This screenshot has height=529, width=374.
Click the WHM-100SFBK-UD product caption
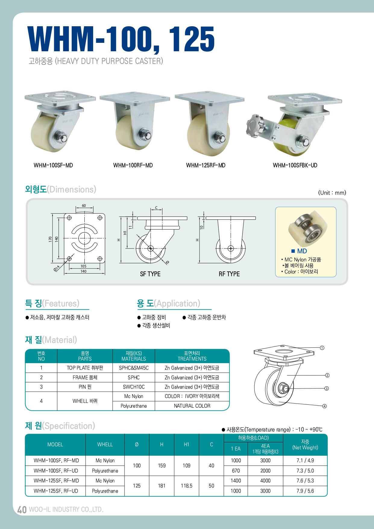(295, 165)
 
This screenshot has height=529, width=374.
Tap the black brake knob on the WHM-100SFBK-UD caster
(255, 126)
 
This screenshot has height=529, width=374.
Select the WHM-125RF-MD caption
(206, 165)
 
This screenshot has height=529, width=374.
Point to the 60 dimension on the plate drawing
(84, 206)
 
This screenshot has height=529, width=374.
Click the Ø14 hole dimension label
(57, 268)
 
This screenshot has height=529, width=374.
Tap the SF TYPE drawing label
(150, 274)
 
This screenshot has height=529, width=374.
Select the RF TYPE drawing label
(229, 274)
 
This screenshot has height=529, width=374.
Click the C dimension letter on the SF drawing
(156, 207)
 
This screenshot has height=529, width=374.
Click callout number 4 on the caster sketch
(324, 406)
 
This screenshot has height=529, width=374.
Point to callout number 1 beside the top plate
(322, 348)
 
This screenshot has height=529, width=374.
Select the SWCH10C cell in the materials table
(134, 387)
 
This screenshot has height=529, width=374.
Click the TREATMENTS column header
(192, 359)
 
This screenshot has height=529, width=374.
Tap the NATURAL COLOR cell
(192, 406)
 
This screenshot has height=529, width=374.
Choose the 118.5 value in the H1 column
(187, 486)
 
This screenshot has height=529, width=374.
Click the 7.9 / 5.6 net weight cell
(305, 491)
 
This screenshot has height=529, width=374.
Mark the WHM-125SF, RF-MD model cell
(56, 481)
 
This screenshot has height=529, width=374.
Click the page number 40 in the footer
(22, 509)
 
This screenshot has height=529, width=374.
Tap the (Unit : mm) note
(332, 193)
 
